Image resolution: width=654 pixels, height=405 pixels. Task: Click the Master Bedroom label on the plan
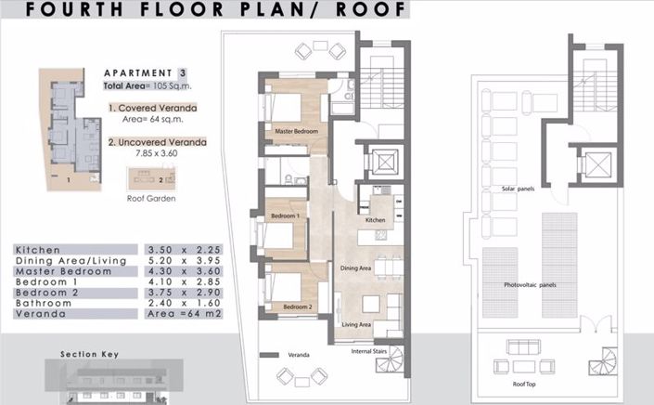pyautogui.click(x=291, y=132)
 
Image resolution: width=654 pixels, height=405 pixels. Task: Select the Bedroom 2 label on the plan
pyautogui.click(x=296, y=307)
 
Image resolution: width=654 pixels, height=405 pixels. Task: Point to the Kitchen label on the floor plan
pyautogui.click(x=376, y=220)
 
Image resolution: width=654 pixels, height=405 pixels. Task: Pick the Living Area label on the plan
pyautogui.click(x=357, y=324)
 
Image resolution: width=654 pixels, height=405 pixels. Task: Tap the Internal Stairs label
pyautogui.click(x=369, y=352)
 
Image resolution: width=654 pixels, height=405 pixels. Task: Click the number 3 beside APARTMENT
pyautogui.click(x=183, y=72)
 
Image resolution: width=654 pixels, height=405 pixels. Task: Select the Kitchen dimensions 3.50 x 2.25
pyautogui.click(x=180, y=250)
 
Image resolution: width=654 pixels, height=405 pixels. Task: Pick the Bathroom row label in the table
pyautogui.click(x=44, y=303)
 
